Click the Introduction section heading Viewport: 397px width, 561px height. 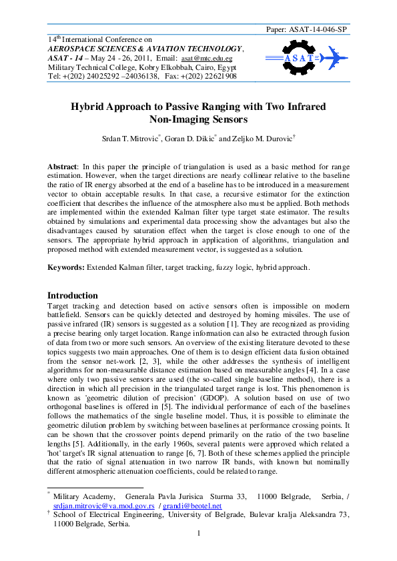(73, 295)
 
